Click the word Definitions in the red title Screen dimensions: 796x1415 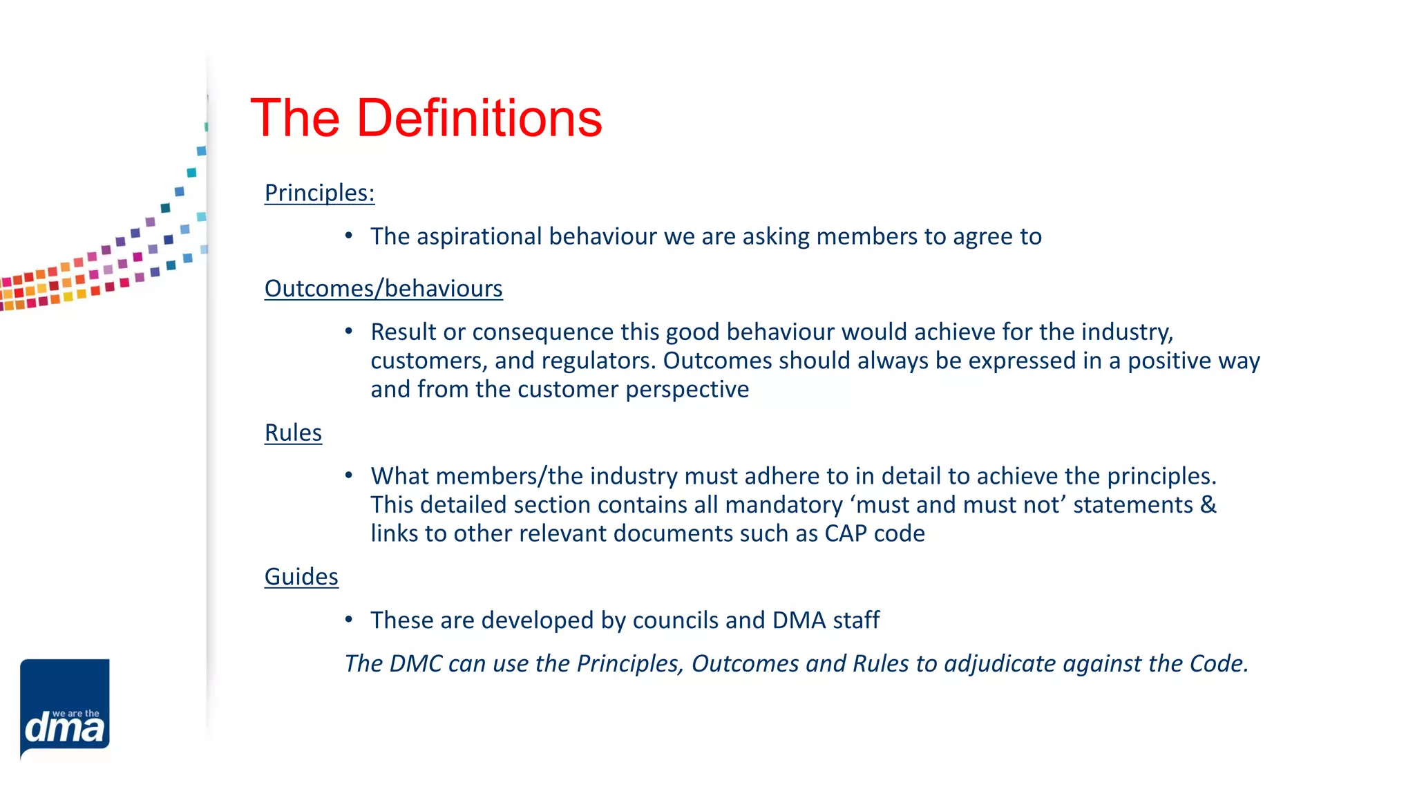479,118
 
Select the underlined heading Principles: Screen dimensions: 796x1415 319,193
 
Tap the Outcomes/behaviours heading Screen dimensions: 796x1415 383,288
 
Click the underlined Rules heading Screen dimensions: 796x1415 293,433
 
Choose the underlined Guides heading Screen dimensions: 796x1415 301,576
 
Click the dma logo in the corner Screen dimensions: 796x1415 65,709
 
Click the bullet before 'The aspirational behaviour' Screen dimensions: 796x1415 349,236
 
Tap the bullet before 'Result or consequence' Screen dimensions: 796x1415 349,332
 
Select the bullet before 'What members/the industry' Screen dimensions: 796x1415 349,475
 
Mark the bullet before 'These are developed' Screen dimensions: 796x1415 349,620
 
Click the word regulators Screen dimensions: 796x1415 598,361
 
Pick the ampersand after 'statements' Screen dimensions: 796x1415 1208,504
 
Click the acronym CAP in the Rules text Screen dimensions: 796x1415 845,533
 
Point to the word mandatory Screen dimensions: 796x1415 784,504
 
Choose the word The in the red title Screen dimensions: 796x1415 295,118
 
